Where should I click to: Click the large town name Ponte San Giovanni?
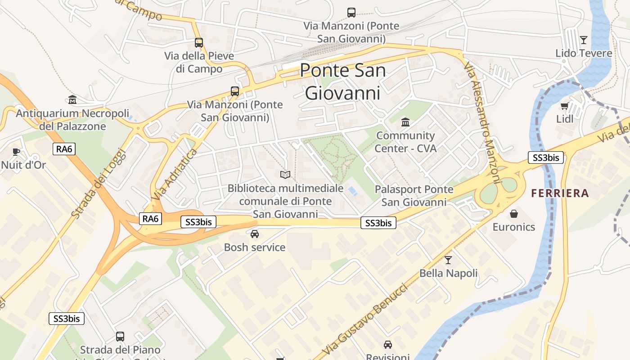(x=342, y=81)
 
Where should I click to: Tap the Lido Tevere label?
(x=584, y=53)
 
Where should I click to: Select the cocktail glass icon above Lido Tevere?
(x=584, y=40)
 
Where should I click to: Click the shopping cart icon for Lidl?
(x=565, y=106)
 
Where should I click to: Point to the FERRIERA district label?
(x=560, y=193)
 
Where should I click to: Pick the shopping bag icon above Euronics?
(x=514, y=214)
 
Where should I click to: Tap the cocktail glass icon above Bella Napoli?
(x=448, y=260)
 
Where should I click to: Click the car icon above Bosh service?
(x=255, y=234)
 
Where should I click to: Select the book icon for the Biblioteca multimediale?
(x=285, y=175)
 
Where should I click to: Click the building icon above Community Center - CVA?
(x=405, y=122)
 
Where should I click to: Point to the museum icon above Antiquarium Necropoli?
(x=72, y=100)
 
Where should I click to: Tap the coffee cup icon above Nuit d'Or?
(x=17, y=152)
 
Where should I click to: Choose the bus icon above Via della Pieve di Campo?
(x=199, y=43)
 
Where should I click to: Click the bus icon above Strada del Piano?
(x=120, y=336)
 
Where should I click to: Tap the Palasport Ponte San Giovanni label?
(x=414, y=196)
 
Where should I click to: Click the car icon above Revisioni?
(x=388, y=345)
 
